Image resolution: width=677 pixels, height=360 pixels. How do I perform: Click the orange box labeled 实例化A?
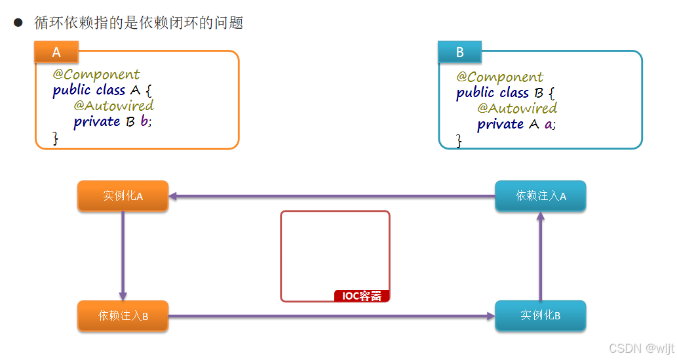tap(123, 196)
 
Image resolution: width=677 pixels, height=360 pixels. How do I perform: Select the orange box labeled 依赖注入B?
tap(123, 316)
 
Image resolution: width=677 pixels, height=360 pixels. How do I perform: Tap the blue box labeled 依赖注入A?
tap(540, 196)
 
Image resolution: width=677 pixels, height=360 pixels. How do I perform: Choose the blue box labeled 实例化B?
tap(540, 316)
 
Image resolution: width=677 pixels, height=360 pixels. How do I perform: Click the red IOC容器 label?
tap(362, 296)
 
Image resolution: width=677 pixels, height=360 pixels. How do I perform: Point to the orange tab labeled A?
tap(56, 52)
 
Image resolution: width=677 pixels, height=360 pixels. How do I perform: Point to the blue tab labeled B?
tap(459, 52)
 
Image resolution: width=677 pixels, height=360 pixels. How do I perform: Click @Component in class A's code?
tap(96, 75)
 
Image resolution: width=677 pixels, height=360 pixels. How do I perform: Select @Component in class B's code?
tap(500, 77)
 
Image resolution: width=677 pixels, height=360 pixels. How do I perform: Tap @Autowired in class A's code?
tap(113, 106)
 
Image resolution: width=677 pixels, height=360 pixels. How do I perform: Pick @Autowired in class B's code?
tap(517, 108)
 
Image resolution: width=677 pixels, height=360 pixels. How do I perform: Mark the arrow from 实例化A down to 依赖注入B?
tap(123, 256)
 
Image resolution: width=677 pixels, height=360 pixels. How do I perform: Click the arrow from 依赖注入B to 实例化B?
tap(331, 316)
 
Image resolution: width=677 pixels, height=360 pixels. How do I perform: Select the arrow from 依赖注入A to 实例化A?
tap(331, 196)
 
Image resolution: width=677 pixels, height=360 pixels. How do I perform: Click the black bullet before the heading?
tap(18, 23)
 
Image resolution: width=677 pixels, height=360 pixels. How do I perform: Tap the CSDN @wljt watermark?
tap(641, 348)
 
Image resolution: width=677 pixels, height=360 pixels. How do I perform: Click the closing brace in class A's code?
tap(56, 138)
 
